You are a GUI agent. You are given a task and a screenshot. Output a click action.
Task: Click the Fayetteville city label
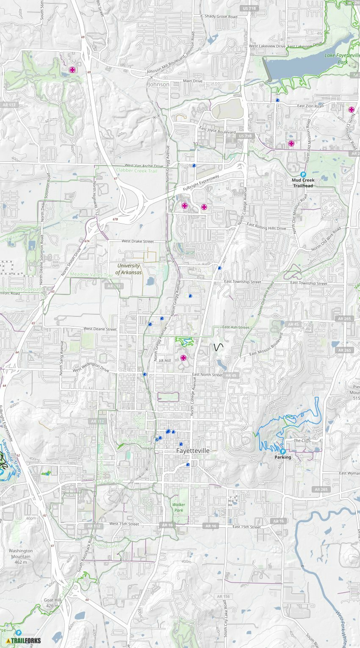193,451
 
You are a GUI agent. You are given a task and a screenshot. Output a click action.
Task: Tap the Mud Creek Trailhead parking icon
303,174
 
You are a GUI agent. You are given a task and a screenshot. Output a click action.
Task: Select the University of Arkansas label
129,269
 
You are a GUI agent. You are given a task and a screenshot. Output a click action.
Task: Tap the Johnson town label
159,84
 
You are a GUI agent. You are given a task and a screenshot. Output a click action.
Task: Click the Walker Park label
179,507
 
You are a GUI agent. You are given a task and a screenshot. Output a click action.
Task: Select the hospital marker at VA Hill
183,358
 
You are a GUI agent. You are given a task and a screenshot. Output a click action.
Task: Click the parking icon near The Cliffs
282,451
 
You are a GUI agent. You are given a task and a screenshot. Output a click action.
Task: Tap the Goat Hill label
53,603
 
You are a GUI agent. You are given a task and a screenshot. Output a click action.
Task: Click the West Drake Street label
138,241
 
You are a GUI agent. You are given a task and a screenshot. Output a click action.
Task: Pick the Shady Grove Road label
221,17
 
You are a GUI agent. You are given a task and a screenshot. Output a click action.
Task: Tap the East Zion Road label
310,106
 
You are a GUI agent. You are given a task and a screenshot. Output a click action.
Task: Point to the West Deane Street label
100,329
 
